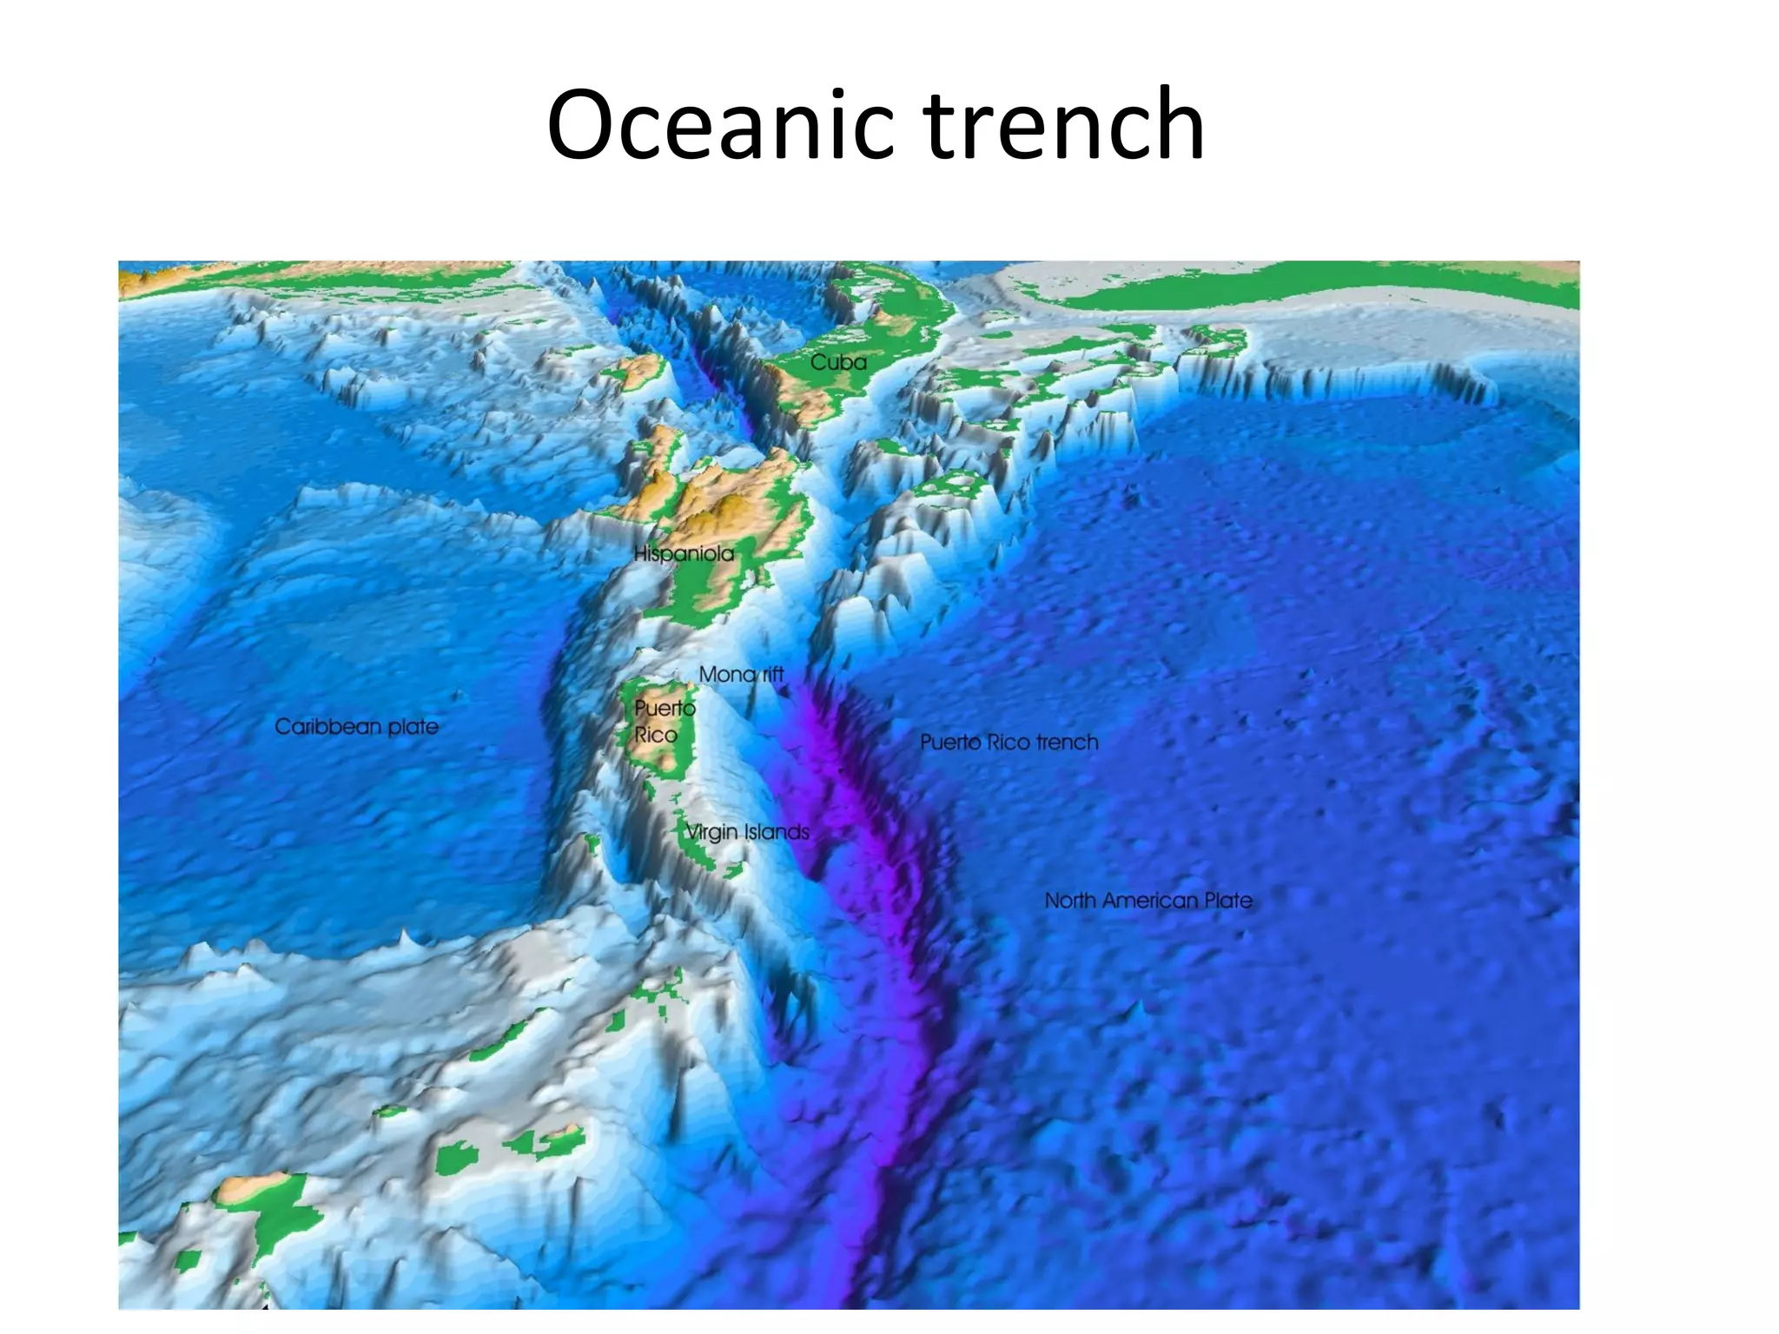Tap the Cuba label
(838, 362)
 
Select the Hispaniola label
(684, 553)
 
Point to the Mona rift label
(741, 674)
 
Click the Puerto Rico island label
(665, 722)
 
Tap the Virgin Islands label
(748, 832)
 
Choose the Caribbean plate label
(356, 727)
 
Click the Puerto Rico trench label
(1009, 743)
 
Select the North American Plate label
(1147, 901)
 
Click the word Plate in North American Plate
(1227, 901)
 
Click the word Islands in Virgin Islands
(777, 832)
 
